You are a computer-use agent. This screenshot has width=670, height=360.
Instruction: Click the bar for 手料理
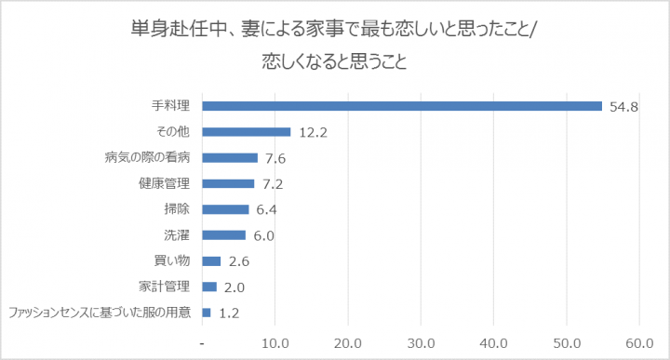402,106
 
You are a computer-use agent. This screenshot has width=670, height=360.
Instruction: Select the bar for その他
247,132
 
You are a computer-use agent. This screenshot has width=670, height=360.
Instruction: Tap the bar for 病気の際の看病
230,158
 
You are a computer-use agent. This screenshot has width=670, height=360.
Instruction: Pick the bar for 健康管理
228,183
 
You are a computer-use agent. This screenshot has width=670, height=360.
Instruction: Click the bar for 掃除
225,209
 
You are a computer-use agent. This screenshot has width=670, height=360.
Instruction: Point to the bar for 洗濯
224,235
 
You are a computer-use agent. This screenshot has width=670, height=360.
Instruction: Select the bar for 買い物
211,261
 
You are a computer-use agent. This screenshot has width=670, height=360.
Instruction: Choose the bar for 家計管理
209,287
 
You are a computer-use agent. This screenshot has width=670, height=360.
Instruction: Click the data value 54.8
623,107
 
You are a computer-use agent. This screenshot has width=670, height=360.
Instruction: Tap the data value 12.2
312,132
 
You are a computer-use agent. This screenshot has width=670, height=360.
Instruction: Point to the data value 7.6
275,158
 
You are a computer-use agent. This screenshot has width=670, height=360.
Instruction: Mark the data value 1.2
230,313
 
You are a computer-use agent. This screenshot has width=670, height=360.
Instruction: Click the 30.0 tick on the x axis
421,342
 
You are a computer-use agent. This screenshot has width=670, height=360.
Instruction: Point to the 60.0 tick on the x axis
639,342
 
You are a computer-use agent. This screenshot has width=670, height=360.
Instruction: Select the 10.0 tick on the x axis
275,342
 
